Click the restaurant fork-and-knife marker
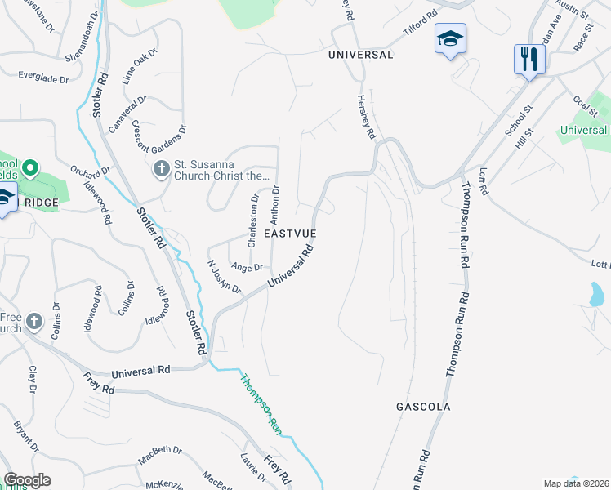(529, 60)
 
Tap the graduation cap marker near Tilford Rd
(449, 38)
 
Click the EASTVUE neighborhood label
(289, 234)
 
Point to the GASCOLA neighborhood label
(423, 406)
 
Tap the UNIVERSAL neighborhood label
(360, 55)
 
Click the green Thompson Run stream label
(261, 403)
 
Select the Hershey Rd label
(365, 115)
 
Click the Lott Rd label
(483, 181)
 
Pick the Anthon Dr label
(275, 205)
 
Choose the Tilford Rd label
(422, 24)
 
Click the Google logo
(28, 480)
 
